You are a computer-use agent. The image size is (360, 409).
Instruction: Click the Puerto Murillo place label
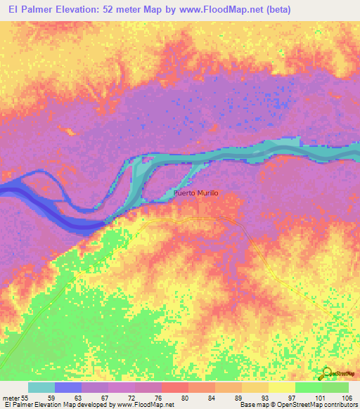[196, 193]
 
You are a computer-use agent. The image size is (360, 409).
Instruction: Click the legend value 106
[347, 397]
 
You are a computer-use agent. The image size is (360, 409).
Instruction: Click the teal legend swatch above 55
[41, 387]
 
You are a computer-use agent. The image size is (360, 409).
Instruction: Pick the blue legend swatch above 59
[68, 387]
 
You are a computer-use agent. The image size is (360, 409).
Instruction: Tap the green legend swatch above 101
[308, 387]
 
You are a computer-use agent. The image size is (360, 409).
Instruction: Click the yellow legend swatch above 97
[281, 387]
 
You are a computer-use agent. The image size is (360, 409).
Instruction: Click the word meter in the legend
[12, 397]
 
